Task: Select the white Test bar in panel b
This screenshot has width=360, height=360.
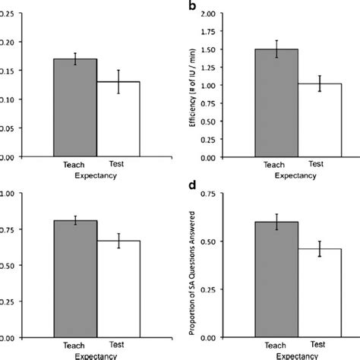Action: pos(309,121)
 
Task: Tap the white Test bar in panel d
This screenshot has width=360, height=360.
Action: pos(309,293)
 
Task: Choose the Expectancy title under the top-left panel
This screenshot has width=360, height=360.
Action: pos(96,174)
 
